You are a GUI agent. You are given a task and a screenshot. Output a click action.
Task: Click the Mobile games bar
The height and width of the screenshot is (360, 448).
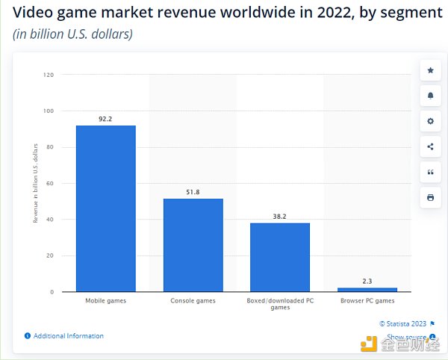point(105,208)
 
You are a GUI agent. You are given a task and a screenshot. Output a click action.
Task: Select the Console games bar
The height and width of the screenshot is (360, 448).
point(193,245)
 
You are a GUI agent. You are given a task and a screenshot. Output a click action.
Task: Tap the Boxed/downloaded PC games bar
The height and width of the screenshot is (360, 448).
point(279,257)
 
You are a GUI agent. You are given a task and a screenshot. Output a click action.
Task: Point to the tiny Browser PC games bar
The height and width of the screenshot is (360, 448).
point(367,289)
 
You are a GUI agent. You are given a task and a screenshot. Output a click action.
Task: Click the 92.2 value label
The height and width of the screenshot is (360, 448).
point(105,119)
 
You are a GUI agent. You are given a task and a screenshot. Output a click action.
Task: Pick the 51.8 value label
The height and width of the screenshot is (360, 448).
point(193,192)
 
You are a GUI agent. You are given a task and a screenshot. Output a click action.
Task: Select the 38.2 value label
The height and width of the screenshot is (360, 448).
point(279,217)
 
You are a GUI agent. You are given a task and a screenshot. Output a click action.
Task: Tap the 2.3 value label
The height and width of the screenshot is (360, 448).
point(367,281)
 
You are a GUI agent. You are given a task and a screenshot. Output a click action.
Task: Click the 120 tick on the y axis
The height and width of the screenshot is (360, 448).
point(49,75)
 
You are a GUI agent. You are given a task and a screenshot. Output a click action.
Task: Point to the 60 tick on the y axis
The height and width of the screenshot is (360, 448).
point(50,183)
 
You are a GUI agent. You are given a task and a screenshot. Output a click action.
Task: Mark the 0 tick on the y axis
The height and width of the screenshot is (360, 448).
point(52,291)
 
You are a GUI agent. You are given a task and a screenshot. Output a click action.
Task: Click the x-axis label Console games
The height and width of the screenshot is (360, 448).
point(193,301)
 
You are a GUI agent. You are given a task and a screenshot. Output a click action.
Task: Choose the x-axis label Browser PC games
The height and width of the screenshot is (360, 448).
point(367,301)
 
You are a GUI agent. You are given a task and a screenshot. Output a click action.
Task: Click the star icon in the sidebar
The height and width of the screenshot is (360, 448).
point(430,70)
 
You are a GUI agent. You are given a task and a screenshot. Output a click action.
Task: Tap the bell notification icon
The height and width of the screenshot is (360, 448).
point(430,96)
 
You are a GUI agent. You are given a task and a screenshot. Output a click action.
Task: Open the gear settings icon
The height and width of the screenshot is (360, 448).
point(430,121)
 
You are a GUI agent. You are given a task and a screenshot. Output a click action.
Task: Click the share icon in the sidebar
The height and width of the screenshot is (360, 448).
point(430,146)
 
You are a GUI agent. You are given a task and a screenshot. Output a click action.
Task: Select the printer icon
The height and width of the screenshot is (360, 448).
point(430,197)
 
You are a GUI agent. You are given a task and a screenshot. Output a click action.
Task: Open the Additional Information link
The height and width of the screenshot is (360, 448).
point(68,336)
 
